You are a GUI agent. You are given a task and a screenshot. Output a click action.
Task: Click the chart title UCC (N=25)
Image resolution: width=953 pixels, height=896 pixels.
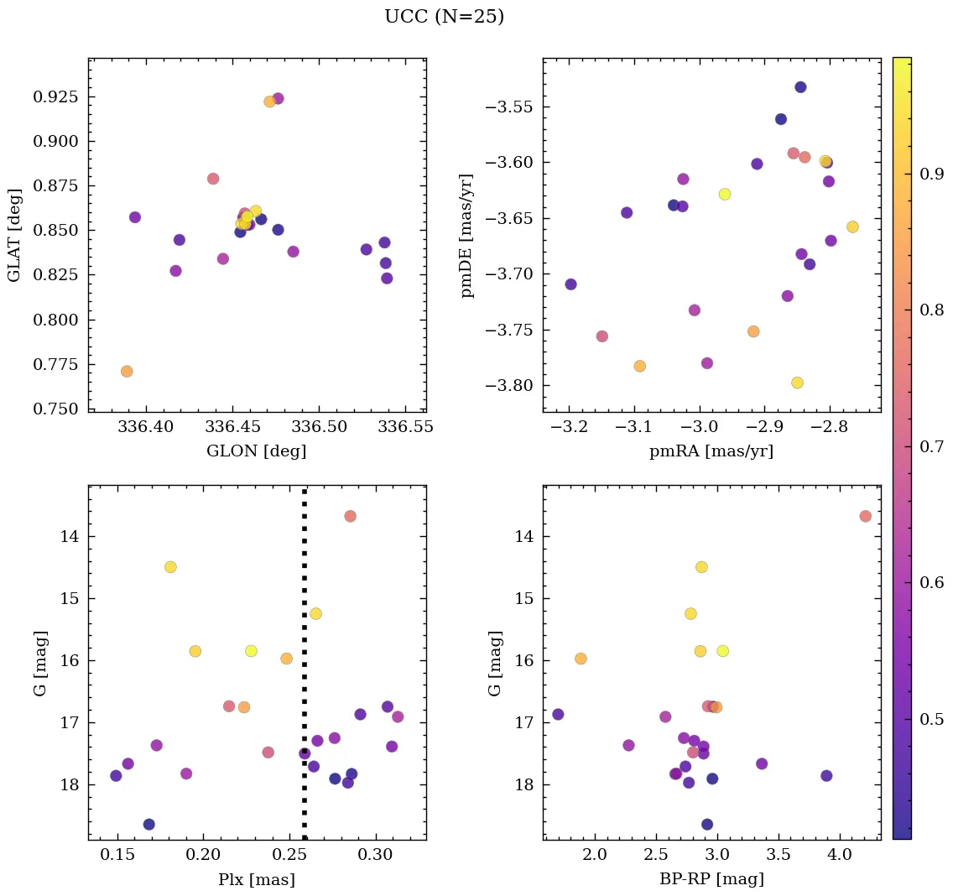[x=444, y=17]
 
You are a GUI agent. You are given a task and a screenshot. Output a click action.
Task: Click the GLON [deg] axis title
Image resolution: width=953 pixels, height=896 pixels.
[x=256, y=451]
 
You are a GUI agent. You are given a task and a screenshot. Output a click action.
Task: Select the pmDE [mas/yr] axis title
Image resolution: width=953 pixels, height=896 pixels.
[x=468, y=236]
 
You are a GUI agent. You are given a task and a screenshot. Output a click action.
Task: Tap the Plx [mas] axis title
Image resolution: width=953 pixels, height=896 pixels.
[x=256, y=879]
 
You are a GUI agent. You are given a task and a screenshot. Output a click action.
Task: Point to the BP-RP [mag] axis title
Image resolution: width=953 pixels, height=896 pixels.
[x=711, y=879]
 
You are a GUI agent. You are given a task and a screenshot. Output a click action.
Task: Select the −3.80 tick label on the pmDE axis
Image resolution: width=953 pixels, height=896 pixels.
[x=508, y=386]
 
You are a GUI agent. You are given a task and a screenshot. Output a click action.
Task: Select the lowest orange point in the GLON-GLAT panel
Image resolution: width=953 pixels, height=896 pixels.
[x=127, y=372]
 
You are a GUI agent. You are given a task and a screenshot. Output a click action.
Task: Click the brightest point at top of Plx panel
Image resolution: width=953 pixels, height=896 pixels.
[x=350, y=516]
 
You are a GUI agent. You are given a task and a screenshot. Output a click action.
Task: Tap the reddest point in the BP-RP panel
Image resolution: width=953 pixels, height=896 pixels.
[x=865, y=516]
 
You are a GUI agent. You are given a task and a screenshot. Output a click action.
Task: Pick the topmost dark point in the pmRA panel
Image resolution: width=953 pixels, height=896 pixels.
[x=800, y=87]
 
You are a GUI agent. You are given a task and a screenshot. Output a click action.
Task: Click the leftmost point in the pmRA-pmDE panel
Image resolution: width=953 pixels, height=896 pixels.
[x=570, y=284]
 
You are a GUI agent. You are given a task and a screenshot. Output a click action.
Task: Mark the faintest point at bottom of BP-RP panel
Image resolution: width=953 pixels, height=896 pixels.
[x=707, y=825]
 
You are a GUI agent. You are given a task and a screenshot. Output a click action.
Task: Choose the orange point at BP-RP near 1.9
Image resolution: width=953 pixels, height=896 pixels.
[x=581, y=659]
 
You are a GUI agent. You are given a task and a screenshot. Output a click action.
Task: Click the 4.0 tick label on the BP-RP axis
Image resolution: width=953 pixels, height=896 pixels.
[x=839, y=857]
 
